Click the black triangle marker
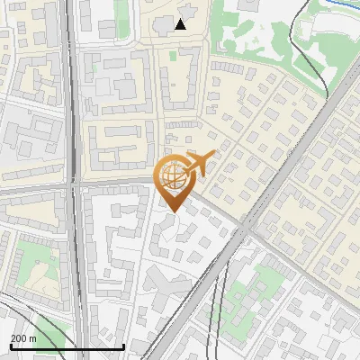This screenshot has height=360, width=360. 181,24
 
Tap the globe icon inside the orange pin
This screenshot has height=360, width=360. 172,176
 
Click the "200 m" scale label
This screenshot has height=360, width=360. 23,337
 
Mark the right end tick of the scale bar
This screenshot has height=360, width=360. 124,346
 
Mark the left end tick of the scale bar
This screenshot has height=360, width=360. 10,346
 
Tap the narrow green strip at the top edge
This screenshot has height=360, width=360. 122,11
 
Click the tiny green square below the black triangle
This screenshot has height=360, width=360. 173,56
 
